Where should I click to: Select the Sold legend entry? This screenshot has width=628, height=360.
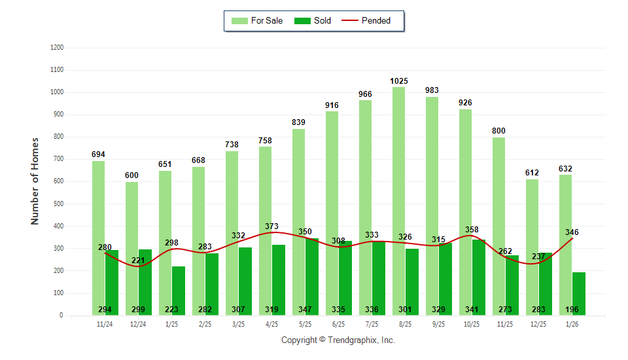[x=313, y=21]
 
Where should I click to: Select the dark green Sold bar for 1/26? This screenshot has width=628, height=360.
[x=579, y=288]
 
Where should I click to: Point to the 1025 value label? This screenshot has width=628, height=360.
[x=399, y=81]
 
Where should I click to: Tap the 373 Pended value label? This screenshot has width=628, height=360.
[x=271, y=226]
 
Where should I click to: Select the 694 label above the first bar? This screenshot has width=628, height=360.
[x=98, y=154]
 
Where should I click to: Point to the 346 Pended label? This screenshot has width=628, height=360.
[x=572, y=232]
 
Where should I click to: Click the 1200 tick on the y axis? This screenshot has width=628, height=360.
[x=56, y=48]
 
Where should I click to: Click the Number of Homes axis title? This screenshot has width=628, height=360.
[x=35, y=181]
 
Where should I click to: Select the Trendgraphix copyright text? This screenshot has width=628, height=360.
[x=338, y=340]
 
